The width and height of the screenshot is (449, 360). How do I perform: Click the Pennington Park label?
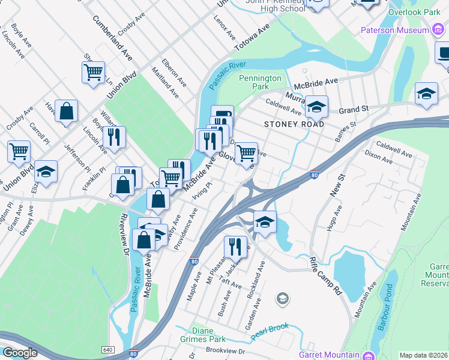260,82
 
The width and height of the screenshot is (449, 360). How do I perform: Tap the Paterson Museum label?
394,30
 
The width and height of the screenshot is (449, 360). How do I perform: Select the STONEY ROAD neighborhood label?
294,124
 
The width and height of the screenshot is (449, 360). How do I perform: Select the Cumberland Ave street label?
112,37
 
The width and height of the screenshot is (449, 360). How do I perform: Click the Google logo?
20,353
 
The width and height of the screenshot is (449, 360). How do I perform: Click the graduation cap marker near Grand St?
316,106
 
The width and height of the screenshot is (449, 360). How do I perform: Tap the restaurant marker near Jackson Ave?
235,246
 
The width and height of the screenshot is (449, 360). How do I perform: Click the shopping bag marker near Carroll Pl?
66,110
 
